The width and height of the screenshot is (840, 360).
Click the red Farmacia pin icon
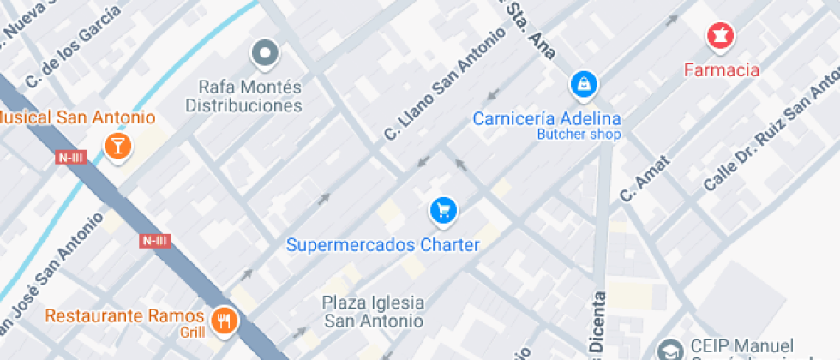point(720,36)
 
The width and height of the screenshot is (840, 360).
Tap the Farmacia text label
point(722,69)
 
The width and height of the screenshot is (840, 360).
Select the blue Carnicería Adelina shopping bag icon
point(584,85)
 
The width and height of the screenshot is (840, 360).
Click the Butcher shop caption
point(579,134)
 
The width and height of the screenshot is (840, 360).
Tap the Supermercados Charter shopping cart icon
point(443,210)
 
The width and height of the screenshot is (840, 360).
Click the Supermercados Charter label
point(382,245)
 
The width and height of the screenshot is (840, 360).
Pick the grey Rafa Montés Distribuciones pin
point(265,53)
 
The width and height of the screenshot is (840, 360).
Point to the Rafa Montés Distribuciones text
point(244,96)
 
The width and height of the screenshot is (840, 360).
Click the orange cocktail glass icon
point(117,146)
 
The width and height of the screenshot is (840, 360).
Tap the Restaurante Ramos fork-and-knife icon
point(226,321)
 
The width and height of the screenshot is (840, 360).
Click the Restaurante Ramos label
point(124,315)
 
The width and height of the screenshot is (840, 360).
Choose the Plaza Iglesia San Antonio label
point(373,312)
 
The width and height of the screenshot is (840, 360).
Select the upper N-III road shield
point(70,158)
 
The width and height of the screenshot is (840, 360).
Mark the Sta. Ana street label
point(526,26)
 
